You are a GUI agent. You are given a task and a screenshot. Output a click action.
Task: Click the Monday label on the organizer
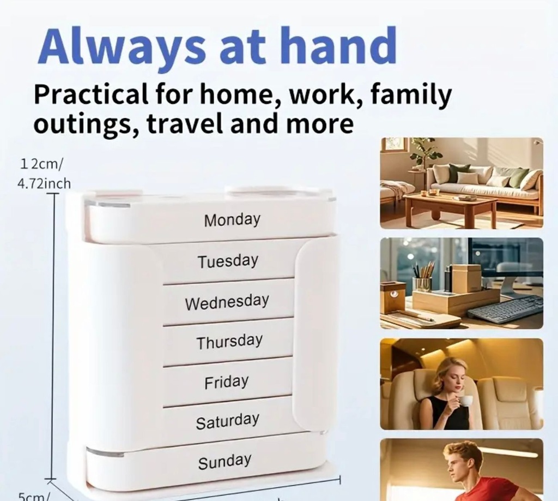(x=232, y=219)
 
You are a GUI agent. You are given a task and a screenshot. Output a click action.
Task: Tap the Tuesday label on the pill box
(x=228, y=261)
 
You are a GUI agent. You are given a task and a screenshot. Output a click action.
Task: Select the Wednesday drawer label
(x=227, y=302)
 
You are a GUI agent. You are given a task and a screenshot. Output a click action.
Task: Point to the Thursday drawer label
(x=229, y=342)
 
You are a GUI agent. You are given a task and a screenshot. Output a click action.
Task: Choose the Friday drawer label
(x=226, y=381)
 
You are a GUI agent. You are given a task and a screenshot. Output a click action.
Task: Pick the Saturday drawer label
(x=227, y=421)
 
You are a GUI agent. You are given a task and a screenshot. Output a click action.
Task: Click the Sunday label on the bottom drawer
(x=225, y=461)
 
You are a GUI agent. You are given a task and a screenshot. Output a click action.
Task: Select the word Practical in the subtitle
(x=91, y=94)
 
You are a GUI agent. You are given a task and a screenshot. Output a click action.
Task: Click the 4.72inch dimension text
(x=44, y=184)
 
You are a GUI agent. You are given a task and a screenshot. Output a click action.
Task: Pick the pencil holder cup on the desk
(x=422, y=284)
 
